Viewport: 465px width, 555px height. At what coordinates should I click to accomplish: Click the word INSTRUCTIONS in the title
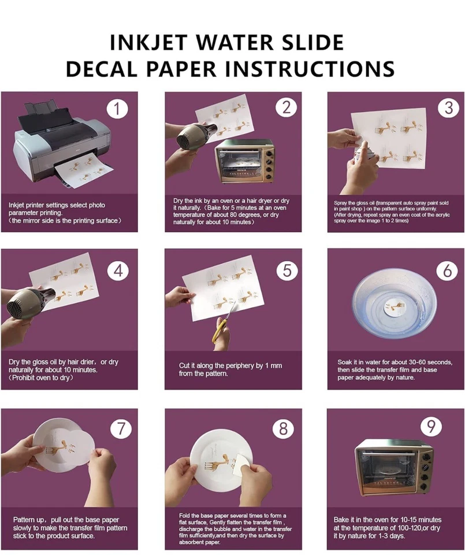tap(309, 68)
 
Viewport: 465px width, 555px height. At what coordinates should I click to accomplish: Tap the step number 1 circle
tap(118, 108)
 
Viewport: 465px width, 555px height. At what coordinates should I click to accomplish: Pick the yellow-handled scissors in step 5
tap(222, 329)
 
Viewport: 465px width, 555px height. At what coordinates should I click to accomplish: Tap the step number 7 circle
tap(120, 428)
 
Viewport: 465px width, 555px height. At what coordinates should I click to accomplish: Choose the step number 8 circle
tap(283, 428)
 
